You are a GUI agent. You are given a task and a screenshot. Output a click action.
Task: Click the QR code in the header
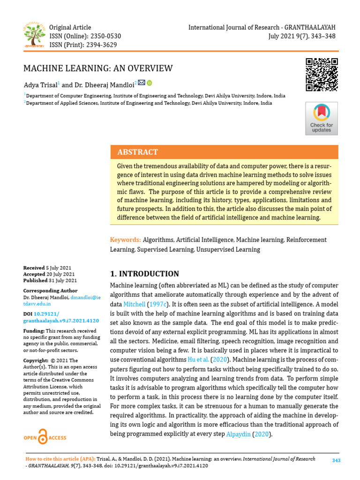pyautogui.click(x=322, y=74)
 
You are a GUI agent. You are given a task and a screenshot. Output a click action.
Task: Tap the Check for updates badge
pyautogui.click(x=322, y=119)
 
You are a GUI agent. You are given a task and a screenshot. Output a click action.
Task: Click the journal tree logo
pyautogui.click(x=33, y=36)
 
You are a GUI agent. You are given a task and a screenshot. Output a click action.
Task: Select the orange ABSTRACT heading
pyautogui.click(x=137, y=152)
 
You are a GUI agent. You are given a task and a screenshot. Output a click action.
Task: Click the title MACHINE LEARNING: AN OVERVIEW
pyautogui.click(x=98, y=68)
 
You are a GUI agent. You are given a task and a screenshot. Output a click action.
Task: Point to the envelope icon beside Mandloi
pyautogui.click(x=142, y=82)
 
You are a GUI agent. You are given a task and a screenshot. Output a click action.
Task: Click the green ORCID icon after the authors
pyautogui.click(x=150, y=83)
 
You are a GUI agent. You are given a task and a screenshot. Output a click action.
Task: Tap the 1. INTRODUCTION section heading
pyautogui.click(x=144, y=274)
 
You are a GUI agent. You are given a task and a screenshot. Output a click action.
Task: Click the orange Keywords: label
pyautogui.click(x=125, y=240)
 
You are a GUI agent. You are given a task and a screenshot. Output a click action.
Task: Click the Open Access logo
pyautogui.click(x=45, y=437)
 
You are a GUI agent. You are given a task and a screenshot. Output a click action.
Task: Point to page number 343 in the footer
pyautogui.click(x=336, y=460)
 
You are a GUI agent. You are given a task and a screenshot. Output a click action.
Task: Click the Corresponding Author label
pyautogui.click(x=51, y=291)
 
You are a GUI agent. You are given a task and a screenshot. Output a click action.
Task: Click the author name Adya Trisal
pyautogui.click(x=40, y=85)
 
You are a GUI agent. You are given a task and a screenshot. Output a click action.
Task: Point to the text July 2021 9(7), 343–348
pyautogui.click(x=301, y=36)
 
